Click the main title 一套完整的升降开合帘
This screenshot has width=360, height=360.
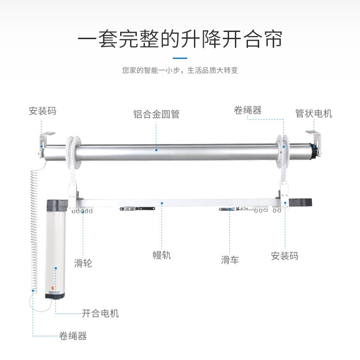pos(180,40)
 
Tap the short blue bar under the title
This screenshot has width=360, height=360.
pos(180,58)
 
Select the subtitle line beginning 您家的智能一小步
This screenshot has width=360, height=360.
pos(180,71)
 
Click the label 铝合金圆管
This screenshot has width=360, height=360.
pos(156,114)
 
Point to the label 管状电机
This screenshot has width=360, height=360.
pos(314,113)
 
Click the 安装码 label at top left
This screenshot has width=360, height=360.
pos(43,111)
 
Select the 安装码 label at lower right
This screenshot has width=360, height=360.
pos(284,256)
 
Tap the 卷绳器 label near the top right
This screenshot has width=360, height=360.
pos(247,110)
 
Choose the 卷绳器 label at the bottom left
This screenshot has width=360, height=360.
pos(73,336)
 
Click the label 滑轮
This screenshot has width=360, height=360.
pos(83,263)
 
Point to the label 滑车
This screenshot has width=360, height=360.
pos(229,260)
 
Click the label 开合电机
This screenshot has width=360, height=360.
pos(100,313)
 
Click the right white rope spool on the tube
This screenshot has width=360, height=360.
pos(282,148)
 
